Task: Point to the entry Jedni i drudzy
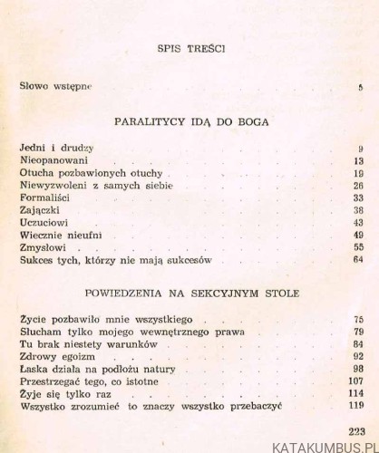tap(57, 148)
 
